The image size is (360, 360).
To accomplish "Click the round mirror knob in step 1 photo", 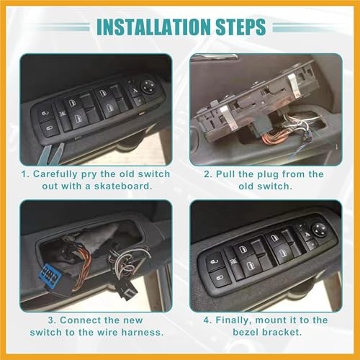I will tap(148, 85).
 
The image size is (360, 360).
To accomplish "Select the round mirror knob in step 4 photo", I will tap(318, 230).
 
